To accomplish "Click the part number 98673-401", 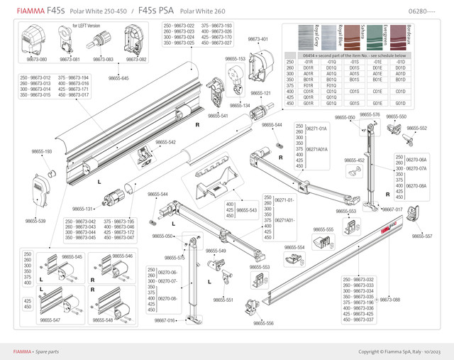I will click(258, 39).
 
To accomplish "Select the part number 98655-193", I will click(42, 152).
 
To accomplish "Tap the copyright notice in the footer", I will click(400, 351).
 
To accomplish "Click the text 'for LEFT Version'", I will click(89, 26).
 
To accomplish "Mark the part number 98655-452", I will click(355, 160).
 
